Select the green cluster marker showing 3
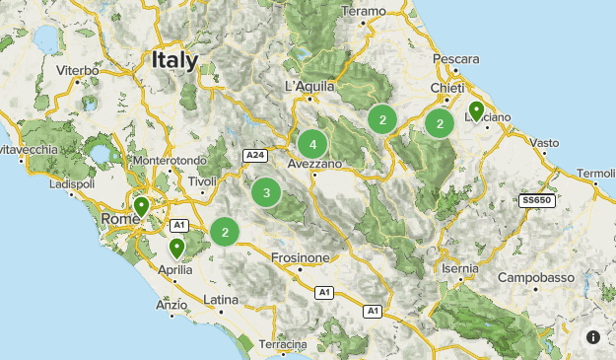click(x=265, y=192)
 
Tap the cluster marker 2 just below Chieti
click(x=440, y=123)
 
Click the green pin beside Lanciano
click(x=476, y=110)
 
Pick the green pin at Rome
click(x=142, y=207)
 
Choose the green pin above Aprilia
click(x=176, y=247)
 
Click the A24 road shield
click(x=255, y=155)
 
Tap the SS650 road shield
click(x=537, y=200)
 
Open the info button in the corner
click(x=592, y=336)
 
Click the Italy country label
click(x=174, y=60)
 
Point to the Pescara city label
click(x=456, y=58)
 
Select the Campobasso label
click(x=535, y=278)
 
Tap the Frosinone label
click(x=300, y=257)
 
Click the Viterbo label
click(x=78, y=71)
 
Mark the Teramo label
click(x=364, y=12)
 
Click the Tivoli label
click(x=202, y=182)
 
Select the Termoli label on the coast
click(x=595, y=174)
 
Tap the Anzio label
click(x=171, y=305)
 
